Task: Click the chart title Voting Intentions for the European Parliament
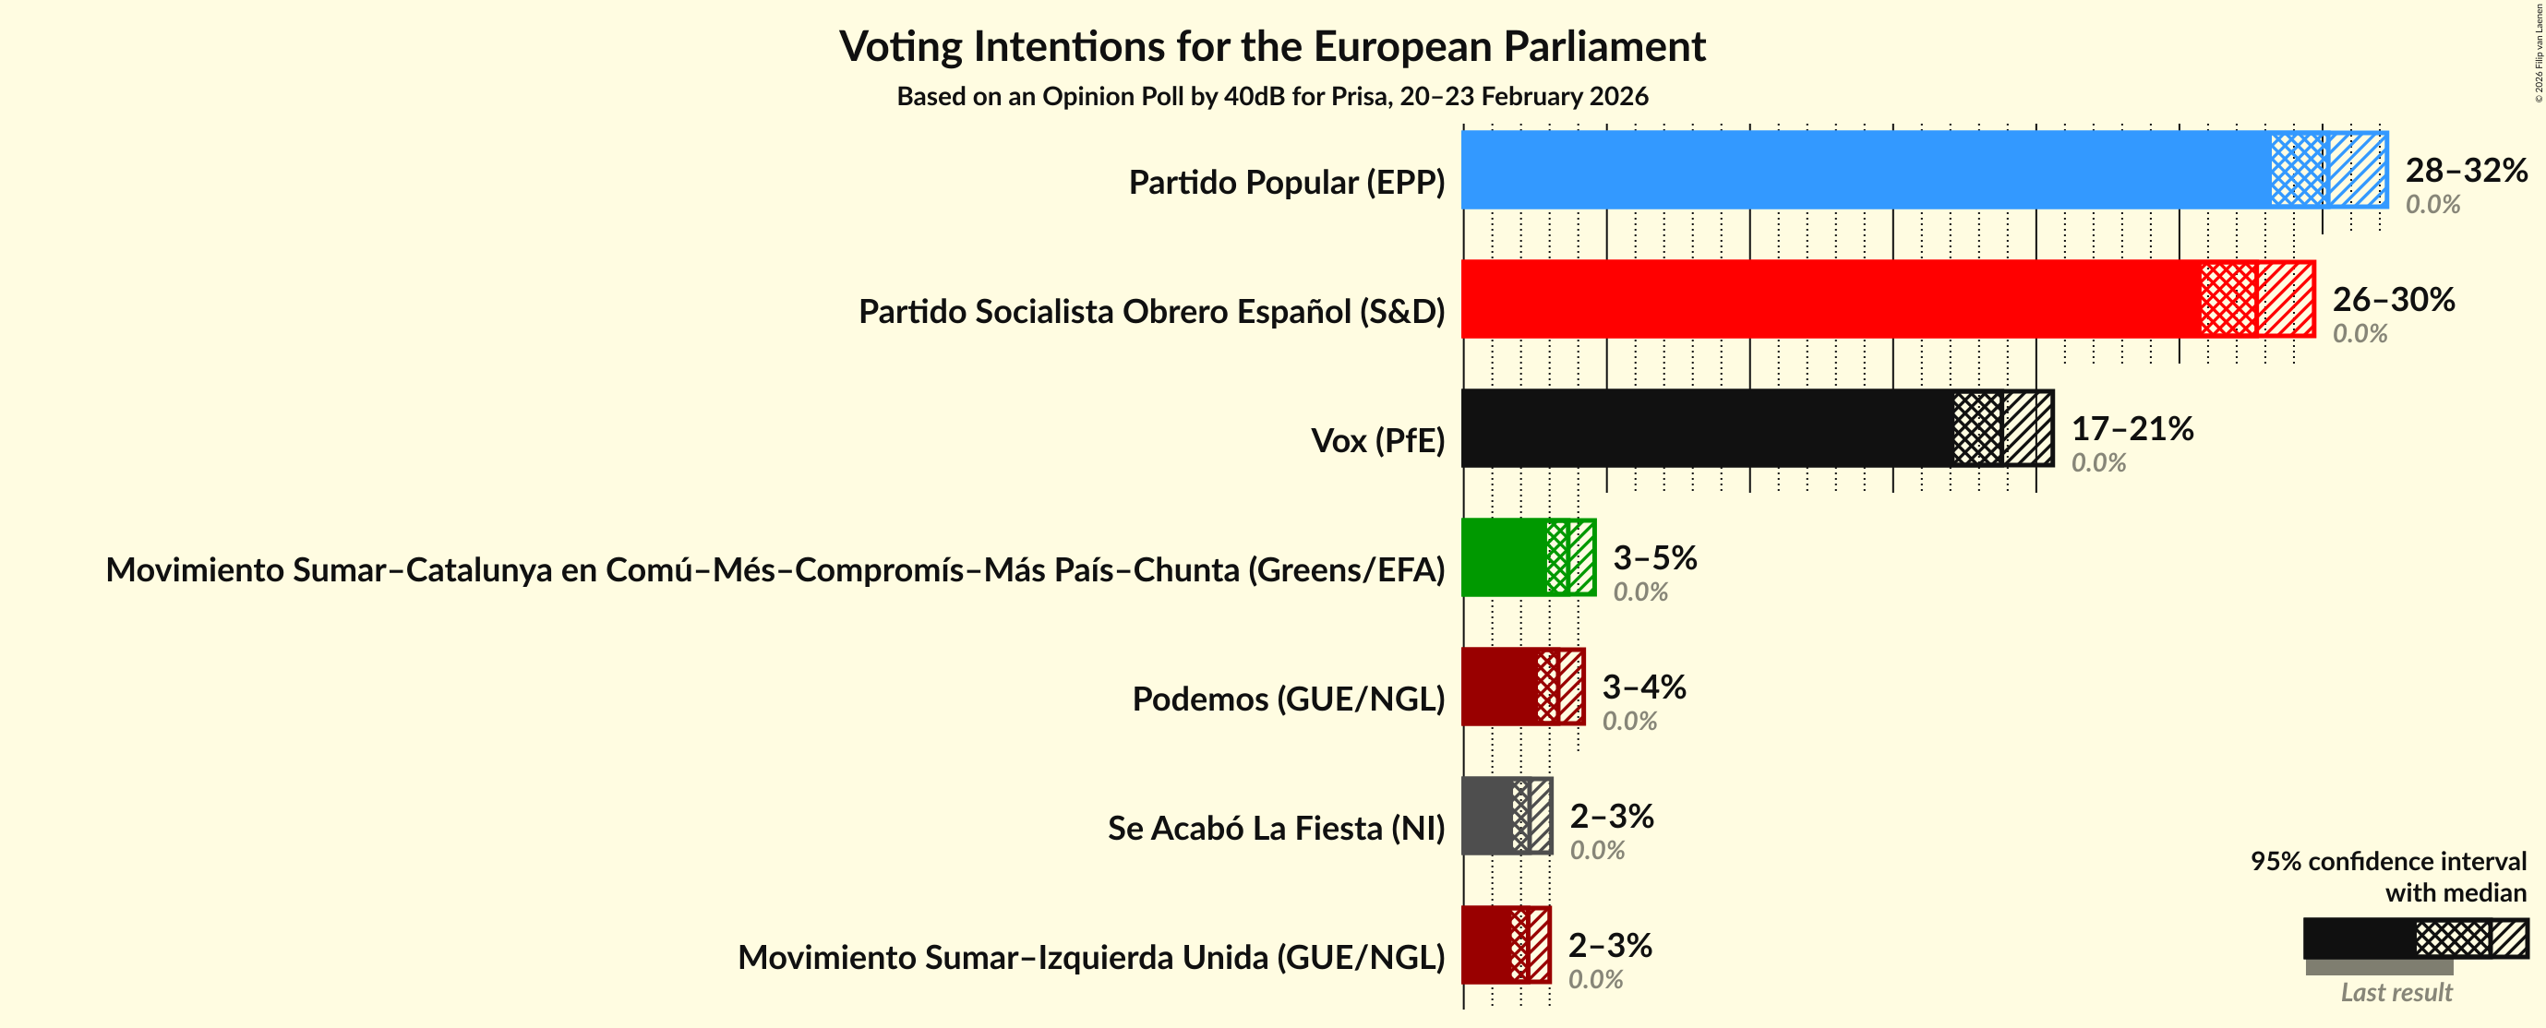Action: (1272, 46)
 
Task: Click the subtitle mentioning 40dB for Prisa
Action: (1272, 97)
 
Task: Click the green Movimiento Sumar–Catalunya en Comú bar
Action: (1503, 557)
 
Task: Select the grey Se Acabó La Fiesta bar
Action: (1486, 816)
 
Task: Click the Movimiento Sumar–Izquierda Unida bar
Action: (1485, 945)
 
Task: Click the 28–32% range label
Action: (2466, 170)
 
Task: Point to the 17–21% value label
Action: (2132, 428)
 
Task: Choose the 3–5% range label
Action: (1654, 557)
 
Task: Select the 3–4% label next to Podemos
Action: (1643, 687)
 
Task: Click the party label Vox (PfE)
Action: (1376, 441)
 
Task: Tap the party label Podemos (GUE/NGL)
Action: (1288, 699)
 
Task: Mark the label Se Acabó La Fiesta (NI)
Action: (1275, 829)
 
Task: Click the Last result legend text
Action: (2396, 992)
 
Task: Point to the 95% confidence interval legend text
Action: (2388, 876)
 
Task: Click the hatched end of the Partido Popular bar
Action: (2358, 170)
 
